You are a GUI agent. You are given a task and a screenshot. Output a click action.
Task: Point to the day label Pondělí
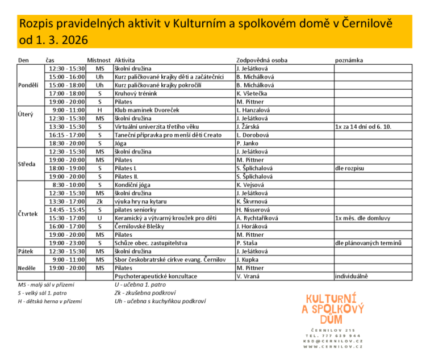28,85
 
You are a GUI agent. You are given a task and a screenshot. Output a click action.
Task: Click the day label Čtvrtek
28,214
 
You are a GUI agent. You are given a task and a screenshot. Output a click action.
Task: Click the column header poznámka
349,60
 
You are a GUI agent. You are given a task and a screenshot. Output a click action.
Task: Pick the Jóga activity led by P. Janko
120,144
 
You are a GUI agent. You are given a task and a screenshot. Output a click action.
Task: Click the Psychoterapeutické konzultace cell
156,276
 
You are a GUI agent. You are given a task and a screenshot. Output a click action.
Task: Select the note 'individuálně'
352,276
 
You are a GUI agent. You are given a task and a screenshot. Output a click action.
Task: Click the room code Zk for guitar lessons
99,202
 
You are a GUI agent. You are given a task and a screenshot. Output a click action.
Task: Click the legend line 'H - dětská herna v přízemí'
49,301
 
